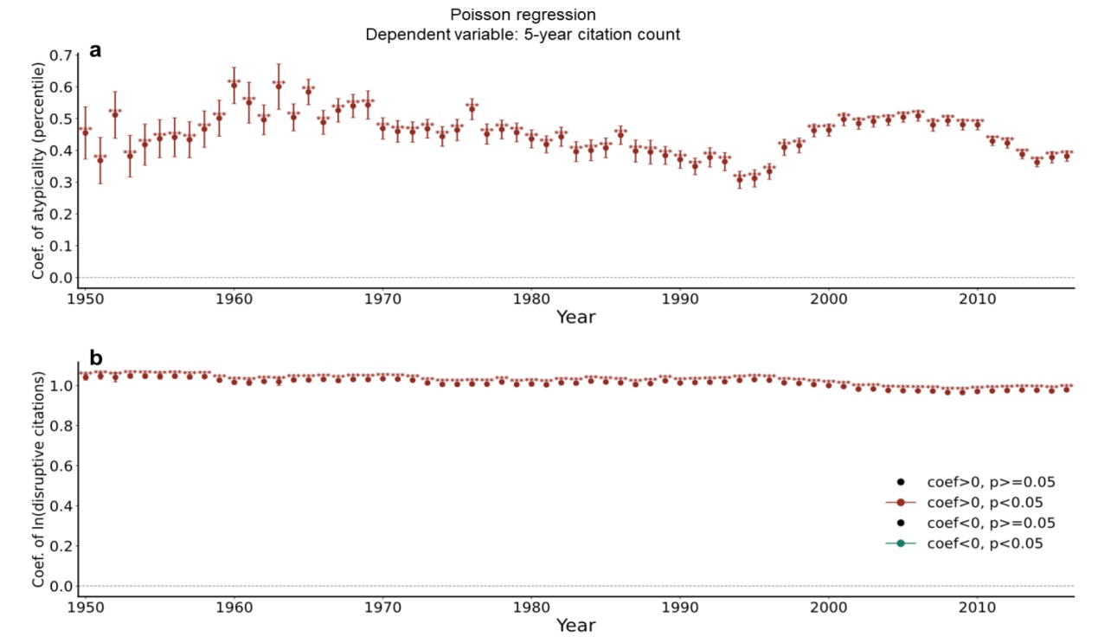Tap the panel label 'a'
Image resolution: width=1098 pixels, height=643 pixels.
(95, 50)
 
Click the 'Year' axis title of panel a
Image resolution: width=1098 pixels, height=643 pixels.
(575, 318)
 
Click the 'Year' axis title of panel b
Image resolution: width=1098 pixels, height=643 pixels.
(575, 625)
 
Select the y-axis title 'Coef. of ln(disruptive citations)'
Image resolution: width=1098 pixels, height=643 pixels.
(38, 479)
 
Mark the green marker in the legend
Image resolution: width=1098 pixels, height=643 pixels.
(901, 543)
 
